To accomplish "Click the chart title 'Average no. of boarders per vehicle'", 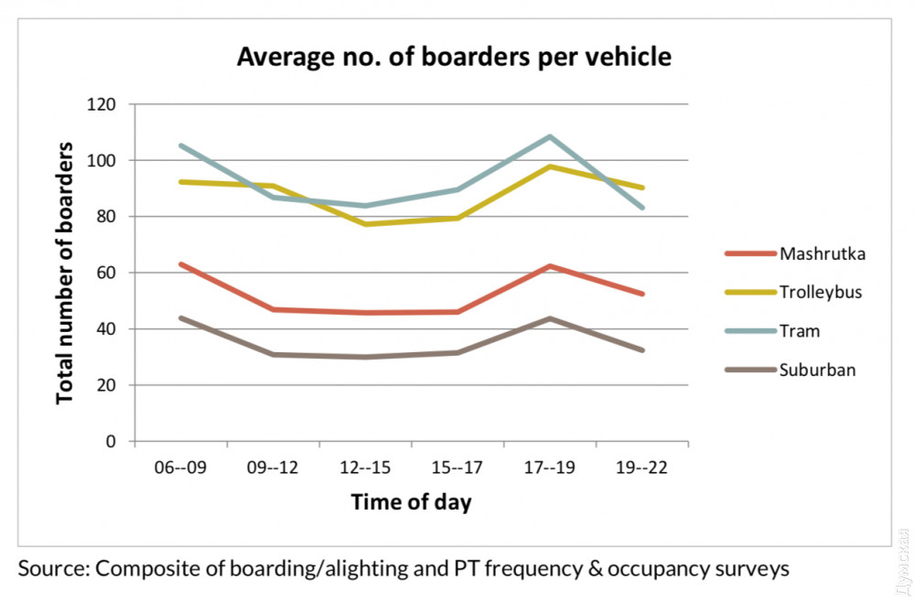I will pyautogui.click(x=454, y=58).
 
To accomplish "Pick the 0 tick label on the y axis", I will pyautogui.click(x=112, y=441).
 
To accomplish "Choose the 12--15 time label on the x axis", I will pyautogui.click(x=365, y=468).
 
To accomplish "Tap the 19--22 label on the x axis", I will pyautogui.click(x=642, y=468).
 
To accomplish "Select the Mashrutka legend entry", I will pyautogui.click(x=822, y=253).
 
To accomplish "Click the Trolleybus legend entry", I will pyautogui.click(x=821, y=293).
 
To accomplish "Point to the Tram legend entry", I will pyautogui.click(x=801, y=331).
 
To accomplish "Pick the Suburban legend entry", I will pyautogui.click(x=817, y=370).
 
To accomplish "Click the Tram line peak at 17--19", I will pyautogui.click(x=550, y=137).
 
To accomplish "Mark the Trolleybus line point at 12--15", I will pyautogui.click(x=365, y=224).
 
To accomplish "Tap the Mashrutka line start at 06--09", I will pyautogui.click(x=180, y=264).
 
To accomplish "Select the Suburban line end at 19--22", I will pyautogui.click(x=642, y=349).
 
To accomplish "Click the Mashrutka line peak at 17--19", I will pyautogui.click(x=550, y=266).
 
